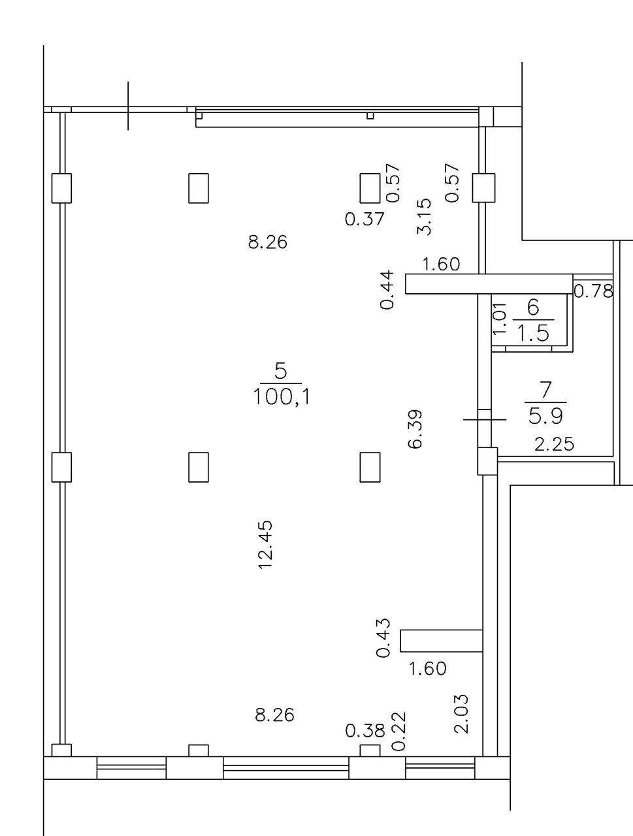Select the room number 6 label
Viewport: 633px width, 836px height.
[533, 308]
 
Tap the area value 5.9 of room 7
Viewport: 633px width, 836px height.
[545, 415]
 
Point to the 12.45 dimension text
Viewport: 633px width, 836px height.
[265, 545]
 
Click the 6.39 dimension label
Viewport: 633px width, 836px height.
[415, 428]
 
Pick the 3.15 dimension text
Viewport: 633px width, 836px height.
[424, 216]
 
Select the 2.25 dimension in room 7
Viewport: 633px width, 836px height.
[554, 445]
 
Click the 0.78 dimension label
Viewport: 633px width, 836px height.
[594, 291]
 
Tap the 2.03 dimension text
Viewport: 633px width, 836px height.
[461, 714]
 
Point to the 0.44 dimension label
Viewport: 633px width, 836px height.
[387, 289]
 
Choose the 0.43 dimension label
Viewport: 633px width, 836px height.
[384, 638]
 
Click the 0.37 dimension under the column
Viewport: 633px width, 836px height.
[365, 219]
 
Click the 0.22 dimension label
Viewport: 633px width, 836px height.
[398, 731]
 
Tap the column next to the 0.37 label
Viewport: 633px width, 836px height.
[370, 187]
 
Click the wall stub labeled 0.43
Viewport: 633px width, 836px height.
[441, 641]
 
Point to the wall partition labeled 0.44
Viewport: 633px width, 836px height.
[489, 284]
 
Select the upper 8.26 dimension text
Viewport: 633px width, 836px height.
[268, 242]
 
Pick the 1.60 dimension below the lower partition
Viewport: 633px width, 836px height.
[427, 669]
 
